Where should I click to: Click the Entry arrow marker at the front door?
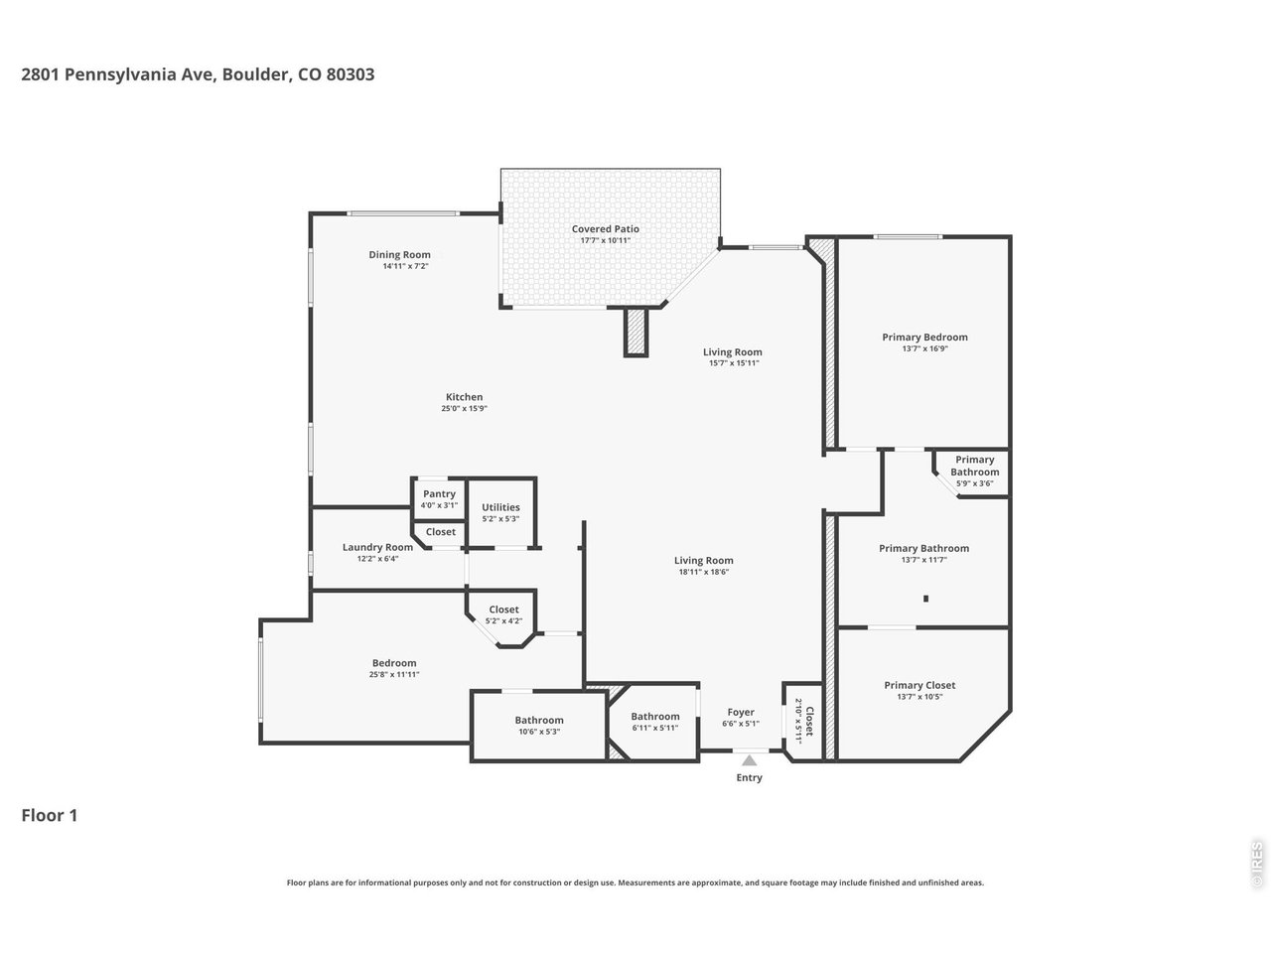click(749, 760)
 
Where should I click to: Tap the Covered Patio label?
click(605, 229)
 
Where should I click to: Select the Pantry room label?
click(439, 493)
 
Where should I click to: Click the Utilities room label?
click(500, 507)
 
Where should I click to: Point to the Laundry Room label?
click(377, 547)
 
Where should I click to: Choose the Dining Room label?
click(399, 254)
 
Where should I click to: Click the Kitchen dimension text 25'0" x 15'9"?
click(464, 408)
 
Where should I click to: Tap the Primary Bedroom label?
click(924, 337)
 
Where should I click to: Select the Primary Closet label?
click(919, 685)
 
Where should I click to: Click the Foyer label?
click(741, 712)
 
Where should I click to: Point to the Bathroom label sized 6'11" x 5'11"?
click(655, 717)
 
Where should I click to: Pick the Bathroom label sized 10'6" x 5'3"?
click(539, 721)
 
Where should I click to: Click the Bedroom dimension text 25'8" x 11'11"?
click(394, 675)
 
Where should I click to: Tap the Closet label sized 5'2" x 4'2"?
click(503, 610)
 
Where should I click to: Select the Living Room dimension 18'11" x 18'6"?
click(705, 572)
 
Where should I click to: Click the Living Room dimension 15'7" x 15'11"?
click(734, 363)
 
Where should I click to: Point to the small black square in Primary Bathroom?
click(925, 598)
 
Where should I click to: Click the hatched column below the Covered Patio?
click(635, 332)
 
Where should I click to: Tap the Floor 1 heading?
click(50, 816)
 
